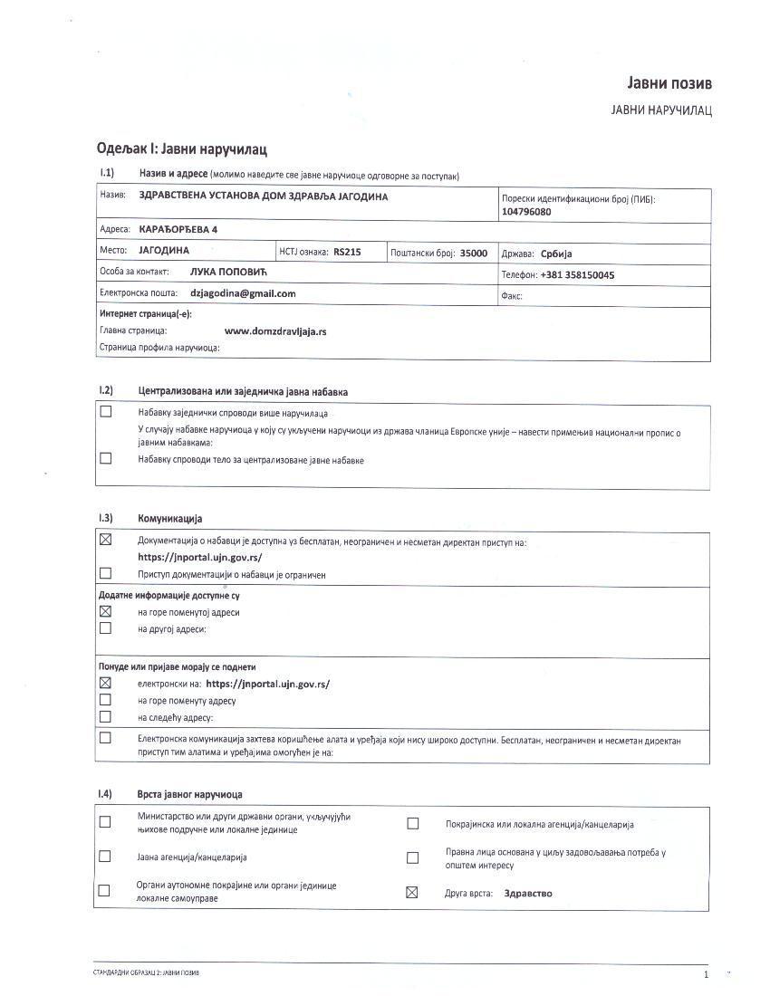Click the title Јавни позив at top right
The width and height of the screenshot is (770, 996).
click(x=669, y=83)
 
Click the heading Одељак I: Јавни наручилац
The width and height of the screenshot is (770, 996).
click(x=181, y=148)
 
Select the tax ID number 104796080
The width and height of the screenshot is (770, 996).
click(x=526, y=212)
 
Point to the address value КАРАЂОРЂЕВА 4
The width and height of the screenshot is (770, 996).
click(x=178, y=230)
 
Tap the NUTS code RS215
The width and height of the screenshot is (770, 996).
click(x=347, y=253)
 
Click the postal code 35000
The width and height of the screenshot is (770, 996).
click(x=474, y=254)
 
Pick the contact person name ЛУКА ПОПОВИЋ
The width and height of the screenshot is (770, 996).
click(x=229, y=271)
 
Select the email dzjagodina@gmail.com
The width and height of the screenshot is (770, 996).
click(x=243, y=293)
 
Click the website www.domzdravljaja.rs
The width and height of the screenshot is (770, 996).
click(x=275, y=331)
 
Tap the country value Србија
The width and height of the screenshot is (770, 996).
click(x=556, y=254)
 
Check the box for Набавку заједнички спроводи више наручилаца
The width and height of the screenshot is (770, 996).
click(x=106, y=412)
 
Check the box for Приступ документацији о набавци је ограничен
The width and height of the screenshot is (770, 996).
click(x=105, y=573)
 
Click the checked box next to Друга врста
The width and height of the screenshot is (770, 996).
click(x=412, y=893)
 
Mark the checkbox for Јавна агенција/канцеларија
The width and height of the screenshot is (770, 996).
click(x=105, y=857)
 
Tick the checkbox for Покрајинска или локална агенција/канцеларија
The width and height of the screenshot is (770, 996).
click(x=413, y=824)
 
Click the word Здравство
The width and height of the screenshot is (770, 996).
click(x=528, y=893)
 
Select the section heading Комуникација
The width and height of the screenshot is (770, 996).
click(x=170, y=519)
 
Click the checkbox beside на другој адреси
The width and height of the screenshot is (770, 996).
click(x=105, y=627)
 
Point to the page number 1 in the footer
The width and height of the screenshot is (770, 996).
click(x=705, y=974)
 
